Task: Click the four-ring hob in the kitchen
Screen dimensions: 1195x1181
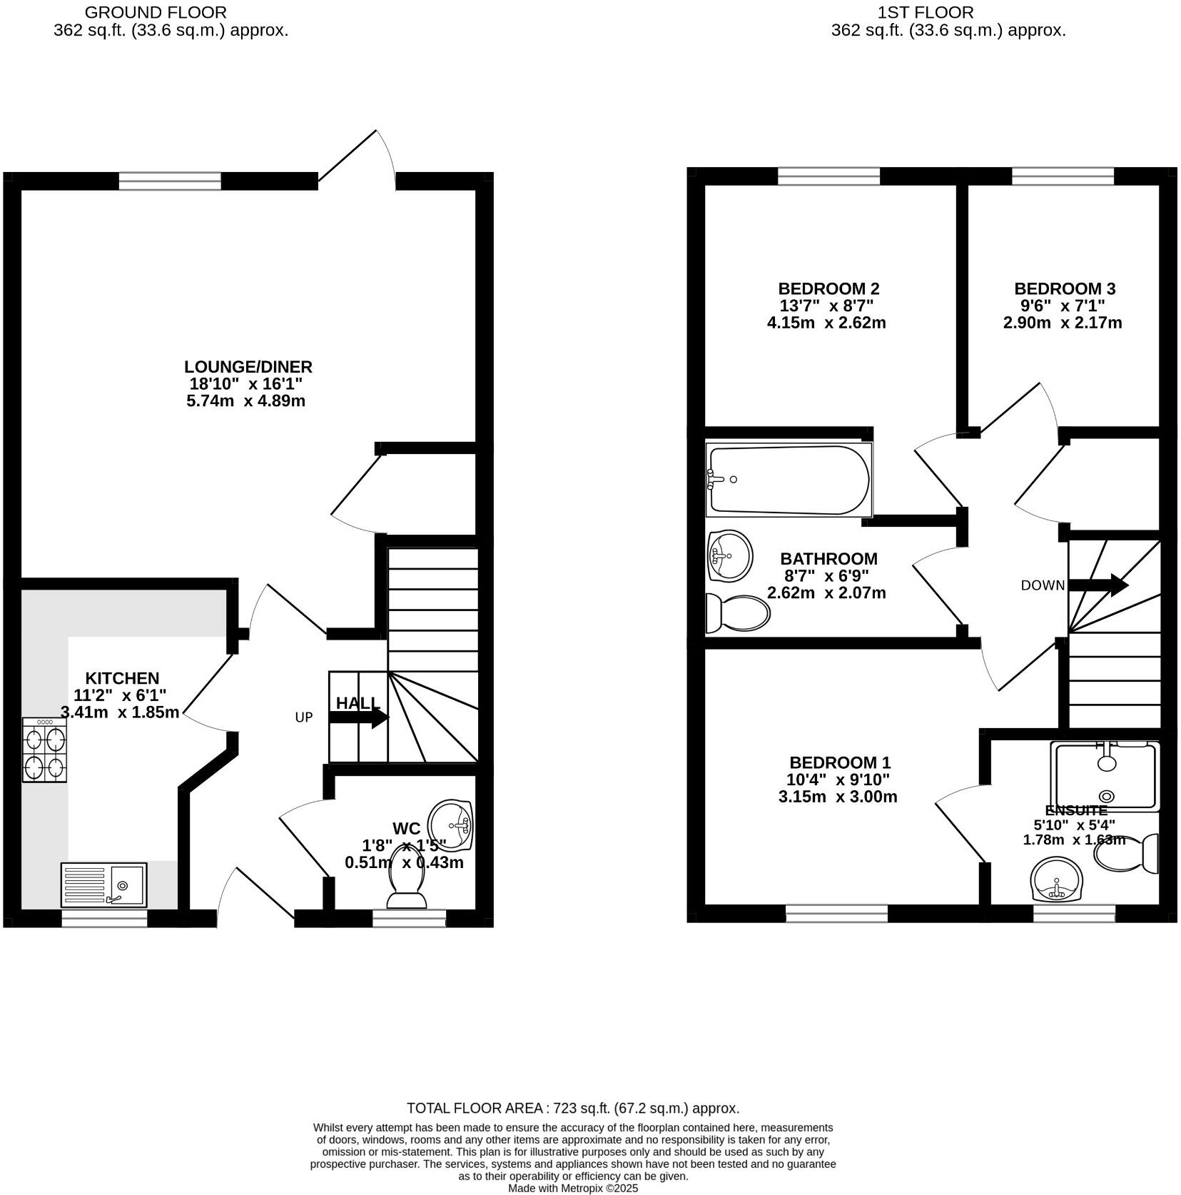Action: tap(44, 750)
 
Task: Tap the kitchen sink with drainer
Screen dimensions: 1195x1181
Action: tap(103, 885)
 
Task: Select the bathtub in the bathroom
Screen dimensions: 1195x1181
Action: tap(789, 480)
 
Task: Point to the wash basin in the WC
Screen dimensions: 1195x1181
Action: tap(451, 825)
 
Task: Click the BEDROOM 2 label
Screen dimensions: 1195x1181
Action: tap(828, 289)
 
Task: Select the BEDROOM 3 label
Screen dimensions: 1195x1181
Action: tap(1064, 289)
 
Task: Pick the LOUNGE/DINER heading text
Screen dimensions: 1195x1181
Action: tap(248, 367)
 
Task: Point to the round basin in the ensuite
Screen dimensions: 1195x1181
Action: tap(1057, 880)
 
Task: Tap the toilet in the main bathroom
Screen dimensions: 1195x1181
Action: tap(738, 613)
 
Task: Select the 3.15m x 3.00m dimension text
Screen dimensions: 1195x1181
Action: tap(837, 797)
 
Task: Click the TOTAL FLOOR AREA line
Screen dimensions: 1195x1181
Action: tap(572, 1109)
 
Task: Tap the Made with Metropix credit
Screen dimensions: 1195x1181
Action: tap(572, 1189)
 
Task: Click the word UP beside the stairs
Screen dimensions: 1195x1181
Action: tap(304, 717)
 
